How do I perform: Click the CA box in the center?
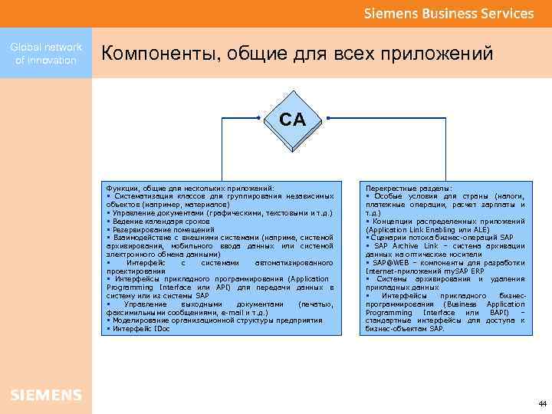point(291,120)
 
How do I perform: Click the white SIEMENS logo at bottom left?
point(46,395)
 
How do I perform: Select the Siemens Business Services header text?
point(449,13)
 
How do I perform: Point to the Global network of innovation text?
point(46,54)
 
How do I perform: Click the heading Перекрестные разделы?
point(409,188)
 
